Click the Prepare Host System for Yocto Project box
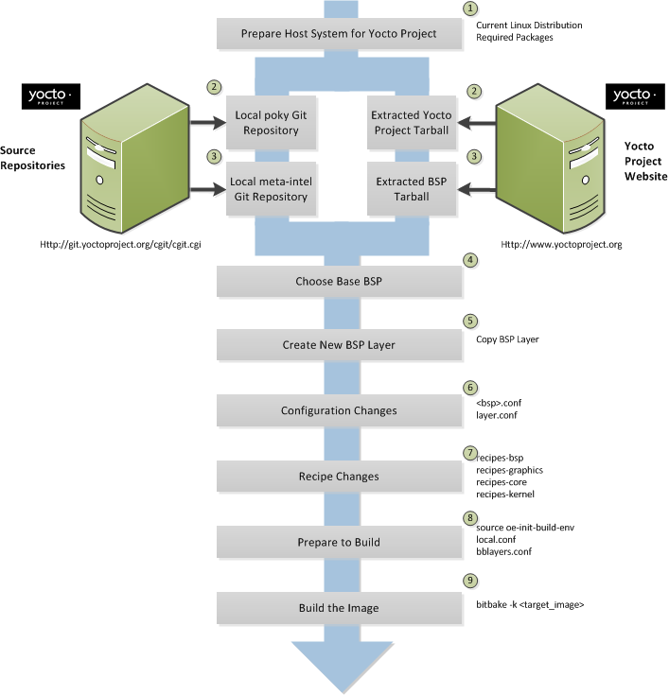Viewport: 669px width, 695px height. (338, 34)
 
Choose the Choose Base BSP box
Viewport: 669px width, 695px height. (338, 281)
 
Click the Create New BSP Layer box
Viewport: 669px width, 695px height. (338, 345)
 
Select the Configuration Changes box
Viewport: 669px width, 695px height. (338, 410)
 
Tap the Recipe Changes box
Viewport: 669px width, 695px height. (338, 476)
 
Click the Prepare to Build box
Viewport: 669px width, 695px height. (338, 542)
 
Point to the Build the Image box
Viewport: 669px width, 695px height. (338, 606)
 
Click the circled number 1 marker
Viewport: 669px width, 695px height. (470, 9)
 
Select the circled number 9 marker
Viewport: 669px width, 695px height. (470, 581)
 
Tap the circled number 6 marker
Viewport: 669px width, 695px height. (470, 387)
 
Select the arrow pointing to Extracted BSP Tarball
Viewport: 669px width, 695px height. (481, 190)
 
